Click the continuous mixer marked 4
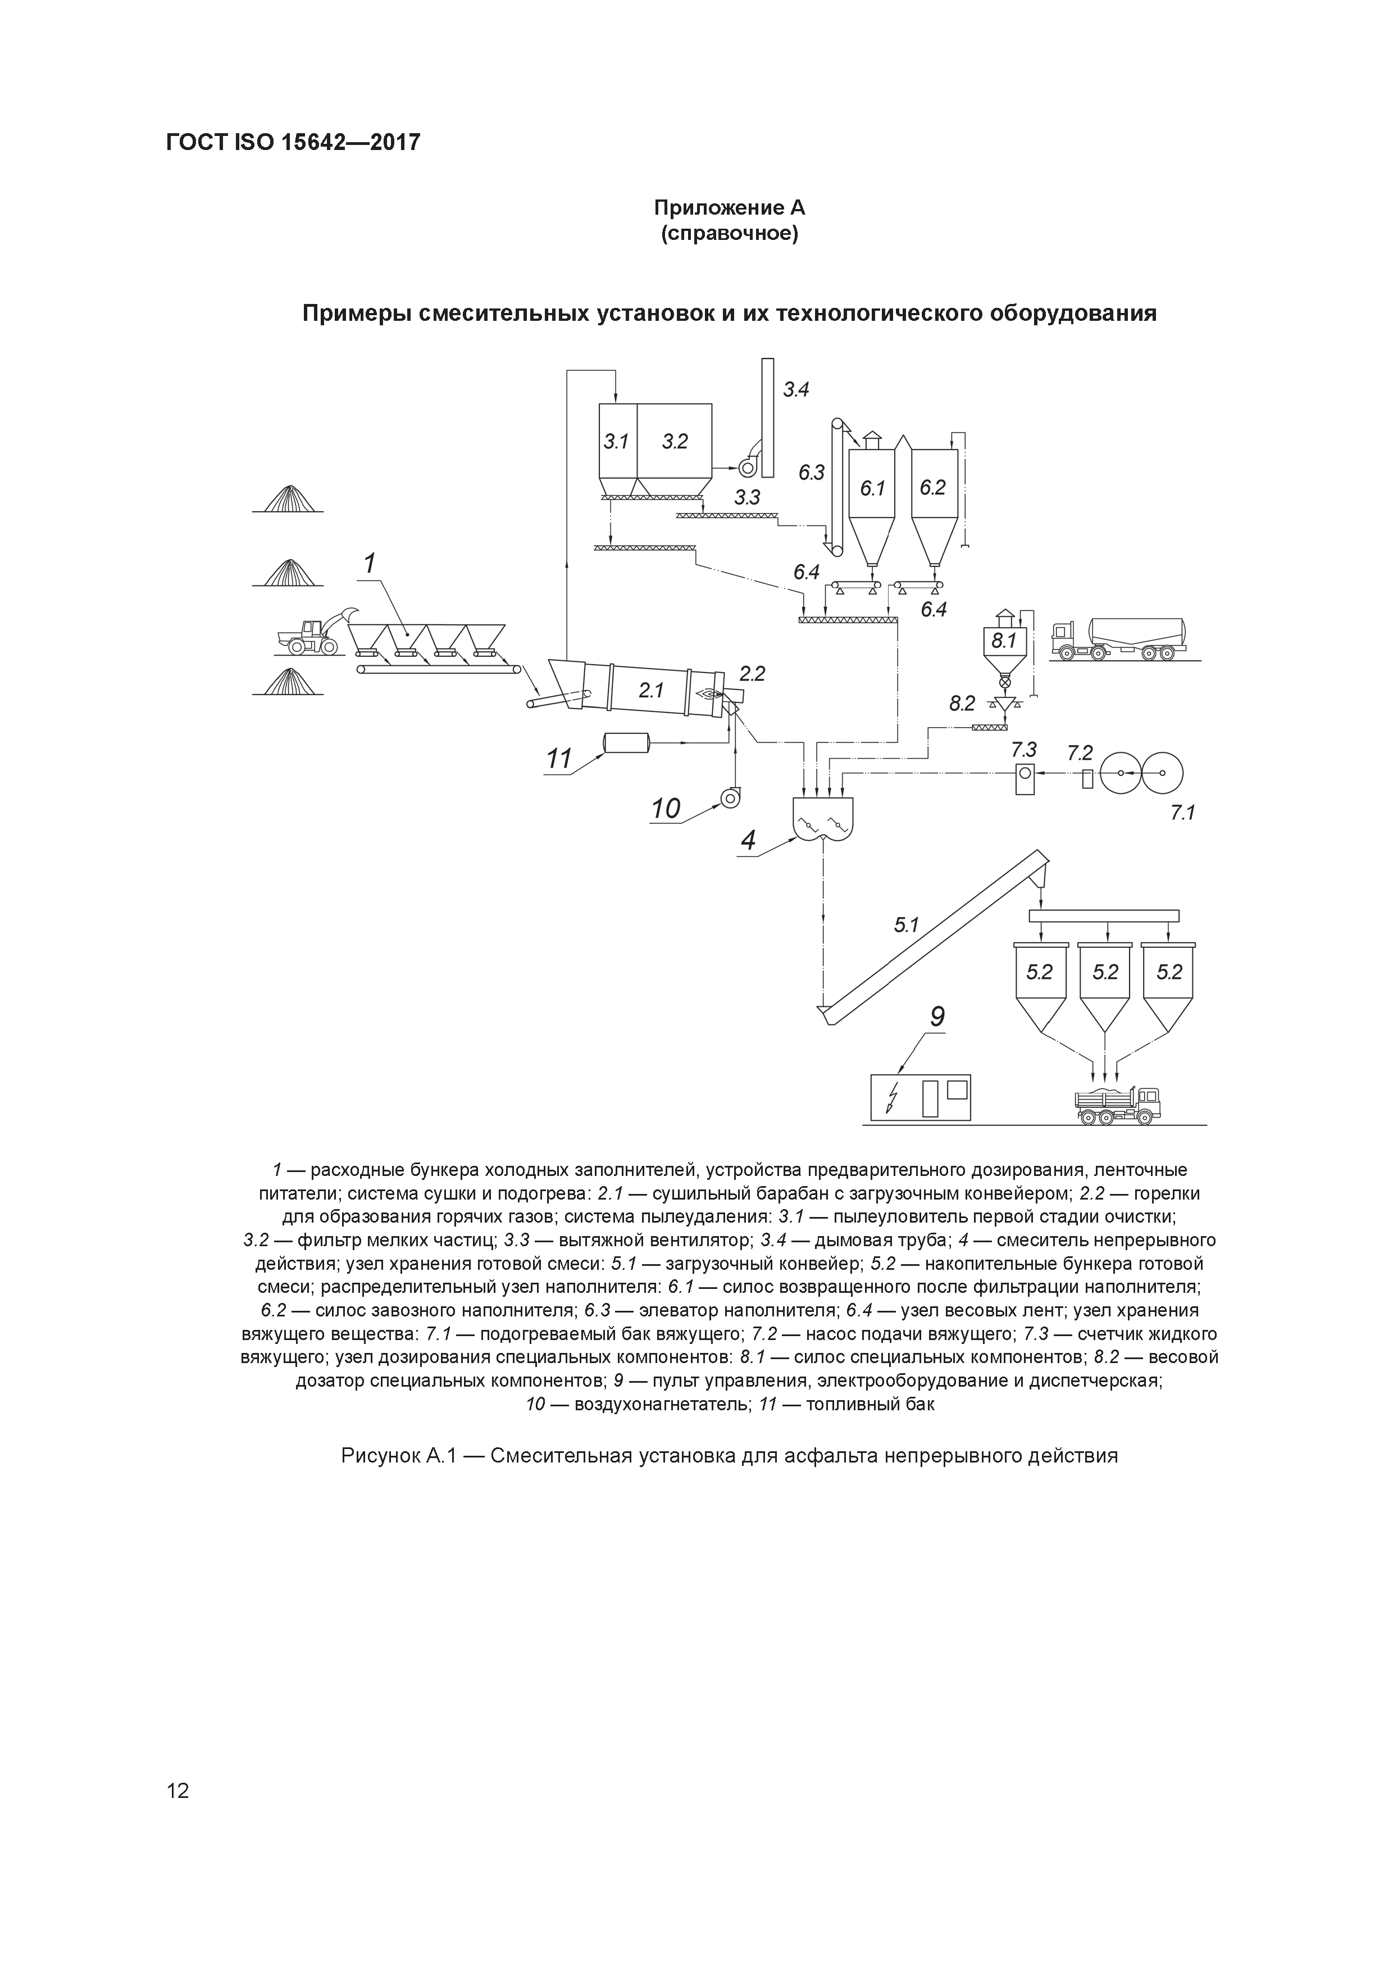[823, 819]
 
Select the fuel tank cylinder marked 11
[626, 743]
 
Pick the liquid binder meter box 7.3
[1024, 778]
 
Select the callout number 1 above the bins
[370, 564]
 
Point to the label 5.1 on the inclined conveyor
[907, 925]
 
